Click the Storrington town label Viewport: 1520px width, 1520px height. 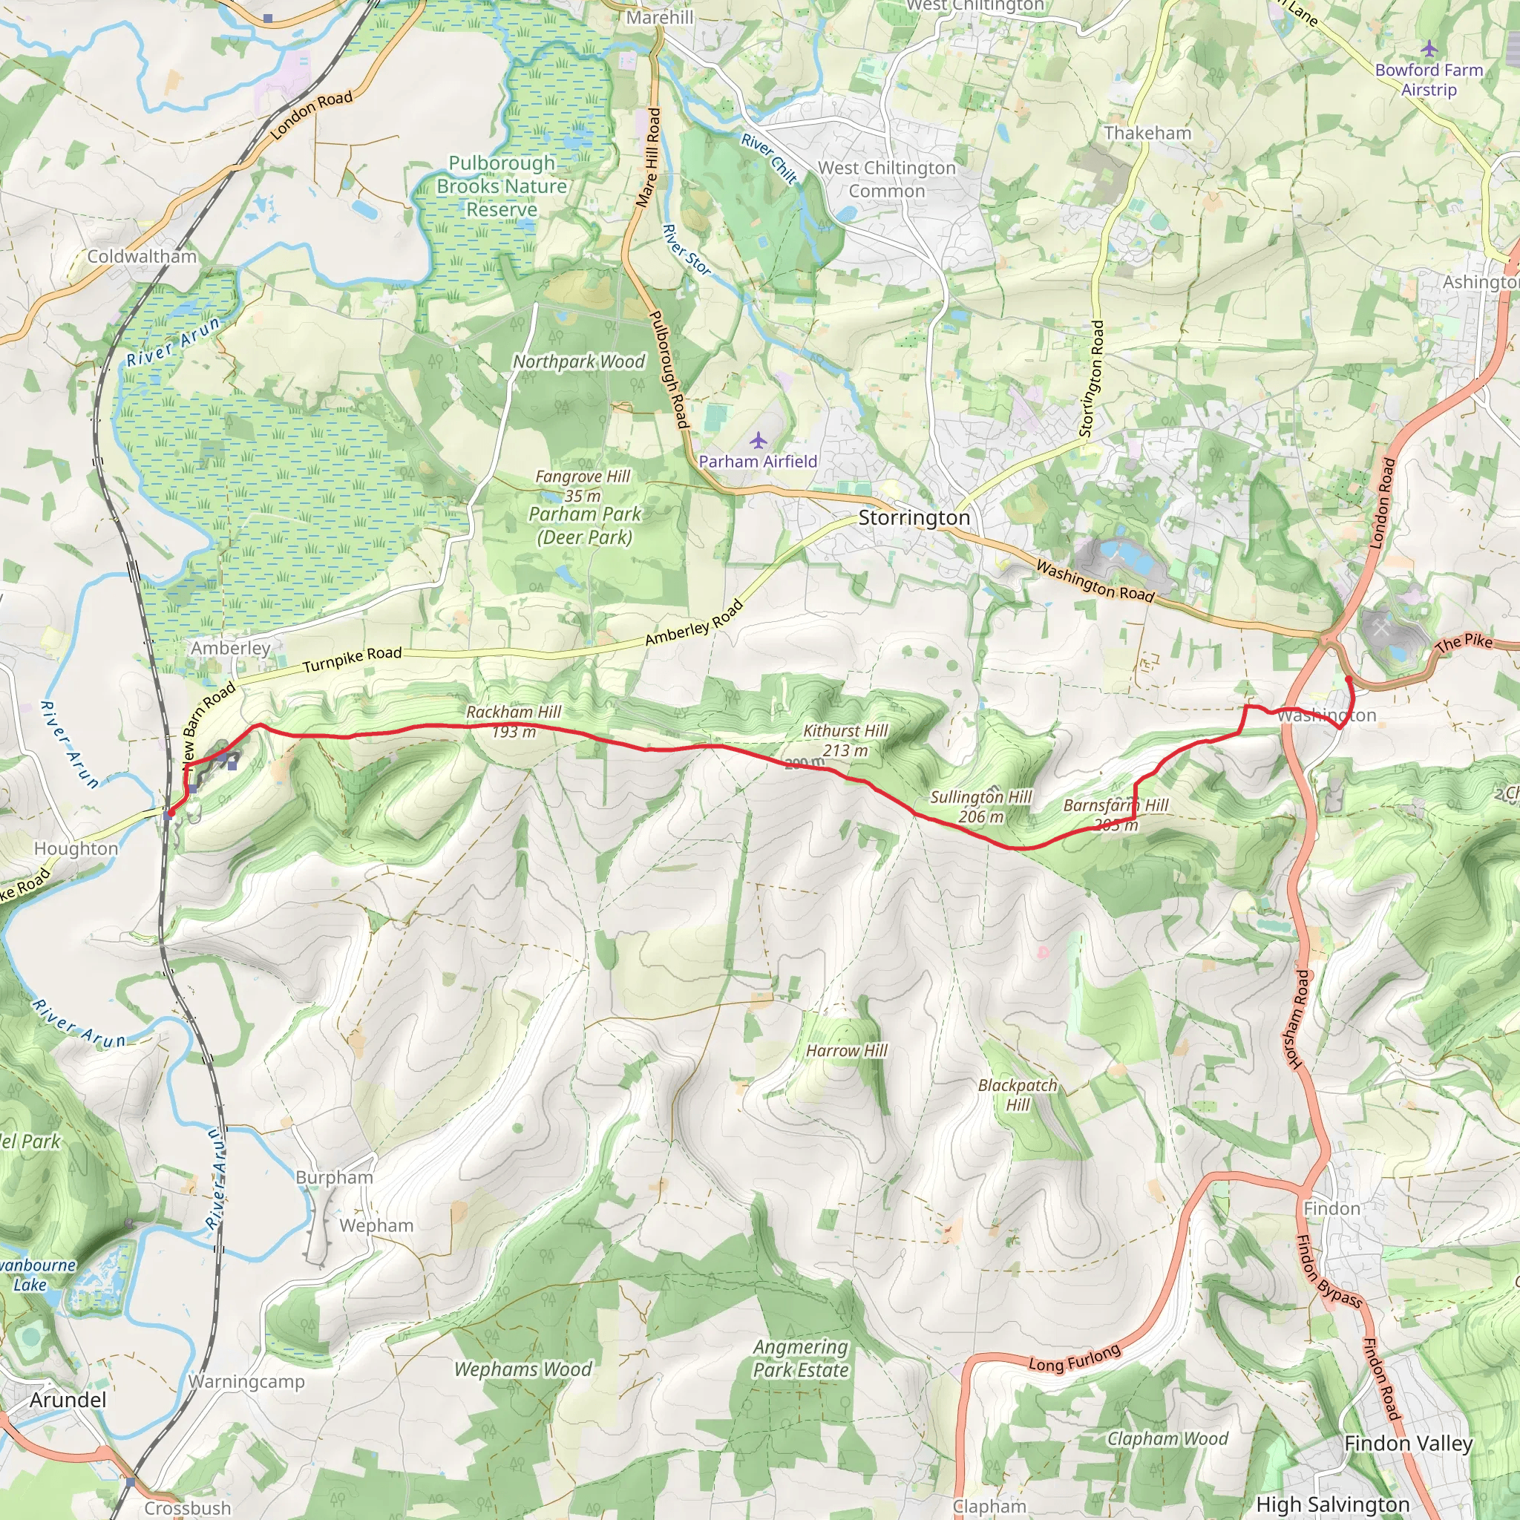pyautogui.click(x=914, y=518)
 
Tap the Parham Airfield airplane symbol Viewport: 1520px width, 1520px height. pyautogui.click(x=758, y=440)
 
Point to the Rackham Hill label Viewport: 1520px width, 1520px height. pyautogui.click(x=514, y=712)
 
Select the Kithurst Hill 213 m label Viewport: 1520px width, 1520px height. pyautogui.click(x=845, y=740)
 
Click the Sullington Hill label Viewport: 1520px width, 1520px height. pyautogui.click(x=980, y=797)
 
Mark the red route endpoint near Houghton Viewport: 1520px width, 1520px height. pyautogui.click(x=170, y=813)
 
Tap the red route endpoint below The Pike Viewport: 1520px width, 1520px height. pyautogui.click(x=1348, y=678)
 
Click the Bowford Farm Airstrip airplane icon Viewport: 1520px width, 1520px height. pyautogui.click(x=1429, y=50)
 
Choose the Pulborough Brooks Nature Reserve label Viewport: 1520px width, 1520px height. pyautogui.click(x=502, y=186)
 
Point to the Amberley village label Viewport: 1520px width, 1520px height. pyautogui.click(x=231, y=647)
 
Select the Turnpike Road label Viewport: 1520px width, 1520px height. pyautogui.click(x=353, y=658)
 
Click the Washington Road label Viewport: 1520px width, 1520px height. pyautogui.click(x=1095, y=581)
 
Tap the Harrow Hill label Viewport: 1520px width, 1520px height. pyautogui.click(x=847, y=1051)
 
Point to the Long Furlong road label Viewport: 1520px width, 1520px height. pyautogui.click(x=1075, y=1358)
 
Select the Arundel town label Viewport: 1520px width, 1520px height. pyautogui.click(x=68, y=1400)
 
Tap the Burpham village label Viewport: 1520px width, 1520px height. pyautogui.click(x=335, y=1178)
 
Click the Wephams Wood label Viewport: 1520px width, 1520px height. pyautogui.click(x=523, y=1369)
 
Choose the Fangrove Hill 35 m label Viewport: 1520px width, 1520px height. pyautogui.click(x=582, y=485)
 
